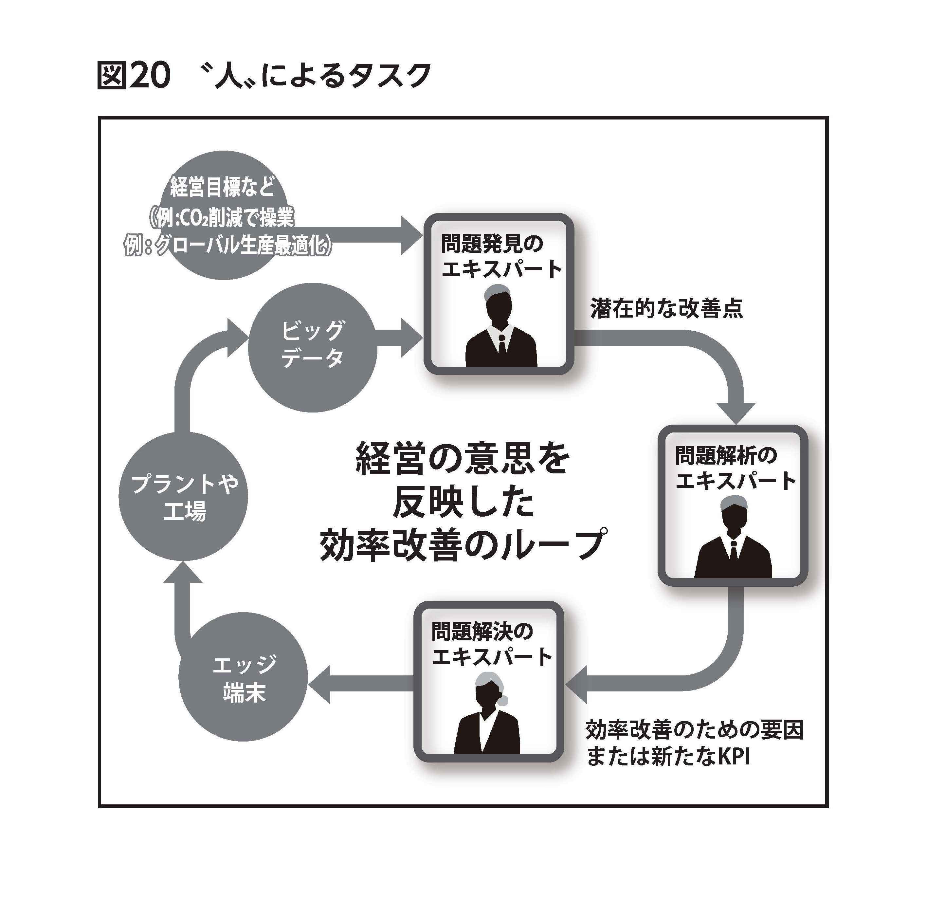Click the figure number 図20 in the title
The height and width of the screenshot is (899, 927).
134,75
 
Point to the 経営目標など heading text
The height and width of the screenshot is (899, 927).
222,187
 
